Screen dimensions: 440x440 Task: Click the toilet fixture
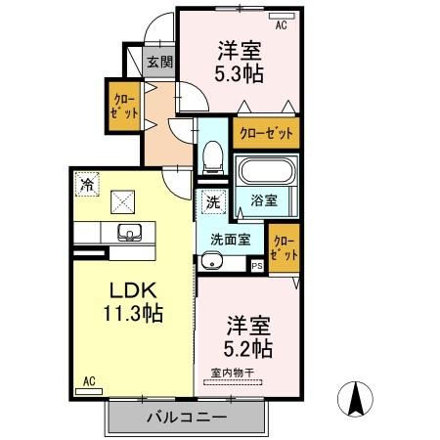pos(212,154)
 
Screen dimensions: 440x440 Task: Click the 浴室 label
pos(263,200)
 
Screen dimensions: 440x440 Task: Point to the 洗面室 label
pos(230,239)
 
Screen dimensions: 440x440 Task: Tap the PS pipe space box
pos(257,265)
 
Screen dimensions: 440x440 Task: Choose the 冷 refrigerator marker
pos(88,183)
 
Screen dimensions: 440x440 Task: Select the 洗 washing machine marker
pos(213,202)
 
